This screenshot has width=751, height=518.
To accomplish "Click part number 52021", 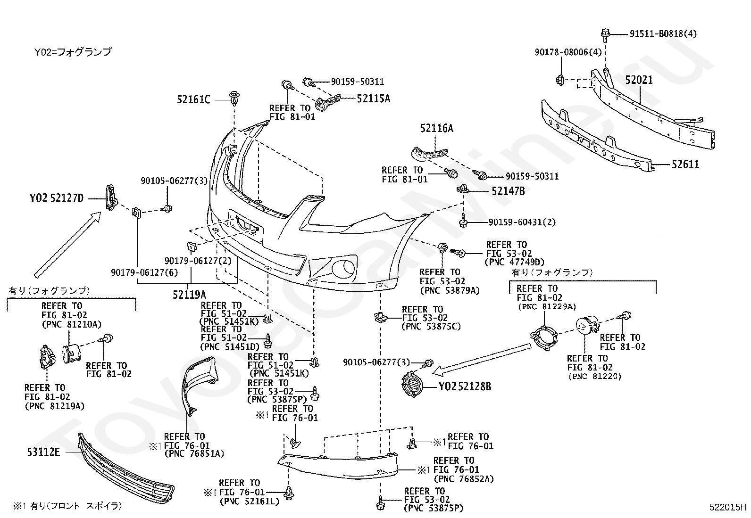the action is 639,80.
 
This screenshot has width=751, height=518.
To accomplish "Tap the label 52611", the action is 685,164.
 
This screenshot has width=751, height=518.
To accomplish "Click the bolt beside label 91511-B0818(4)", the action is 605,35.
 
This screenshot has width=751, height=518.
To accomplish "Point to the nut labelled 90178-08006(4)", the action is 560,80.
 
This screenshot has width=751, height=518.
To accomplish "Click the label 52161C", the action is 193,99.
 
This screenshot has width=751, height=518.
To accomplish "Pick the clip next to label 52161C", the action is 234,98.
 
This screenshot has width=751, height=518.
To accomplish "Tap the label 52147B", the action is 508,191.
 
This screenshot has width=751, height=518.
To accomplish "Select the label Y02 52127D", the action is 56,198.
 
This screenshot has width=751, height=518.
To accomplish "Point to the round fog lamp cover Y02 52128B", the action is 412,384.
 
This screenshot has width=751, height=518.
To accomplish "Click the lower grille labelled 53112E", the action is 126,468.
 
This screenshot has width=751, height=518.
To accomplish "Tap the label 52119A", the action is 189,295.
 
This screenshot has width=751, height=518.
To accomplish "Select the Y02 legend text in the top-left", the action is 73,52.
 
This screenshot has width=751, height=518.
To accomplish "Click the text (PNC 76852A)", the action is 464,479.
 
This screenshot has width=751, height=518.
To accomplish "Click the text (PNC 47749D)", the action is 514,262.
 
